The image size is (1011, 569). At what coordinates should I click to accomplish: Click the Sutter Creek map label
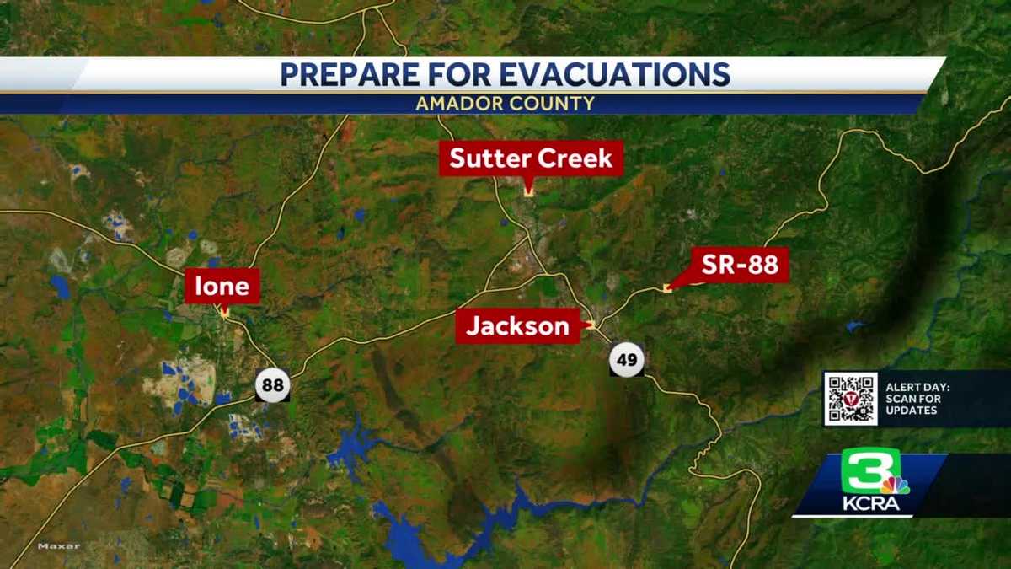(x=531, y=158)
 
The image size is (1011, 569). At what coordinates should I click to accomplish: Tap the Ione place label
(x=222, y=287)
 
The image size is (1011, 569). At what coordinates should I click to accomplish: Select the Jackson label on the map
(x=517, y=326)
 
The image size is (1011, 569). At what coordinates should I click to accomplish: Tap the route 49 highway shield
(x=627, y=361)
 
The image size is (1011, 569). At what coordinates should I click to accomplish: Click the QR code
(x=850, y=398)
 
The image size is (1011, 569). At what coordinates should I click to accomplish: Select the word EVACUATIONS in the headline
(x=614, y=75)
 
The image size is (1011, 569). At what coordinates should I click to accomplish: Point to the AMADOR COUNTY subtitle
(x=505, y=104)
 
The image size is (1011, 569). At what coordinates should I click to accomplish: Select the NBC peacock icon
(x=895, y=485)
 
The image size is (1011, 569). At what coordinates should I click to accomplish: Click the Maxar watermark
(x=58, y=546)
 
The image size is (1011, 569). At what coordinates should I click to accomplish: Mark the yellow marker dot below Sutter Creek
(x=528, y=193)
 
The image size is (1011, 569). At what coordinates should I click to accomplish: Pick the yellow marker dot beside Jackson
(x=591, y=325)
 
